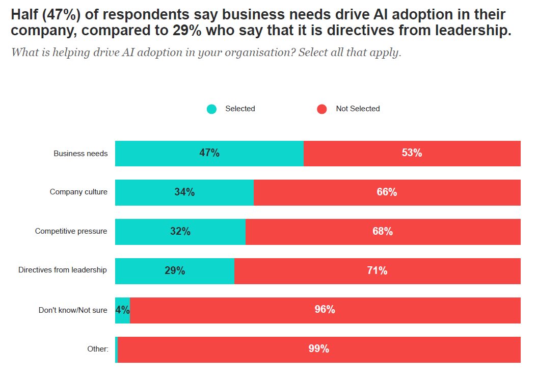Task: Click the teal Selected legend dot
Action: pyautogui.click(x=211, y=109)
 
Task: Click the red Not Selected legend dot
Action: pyautogui.click(x=322, y=109)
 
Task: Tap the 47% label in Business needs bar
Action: pyautogui.click(x=209, y=153)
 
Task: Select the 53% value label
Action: pyautogui.click(x=412, y=153)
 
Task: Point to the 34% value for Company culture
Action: pyautogui.click(x=184, y=192)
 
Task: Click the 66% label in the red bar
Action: pyautogui.click(x=387, y=192)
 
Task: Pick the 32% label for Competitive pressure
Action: pyautogui.click(x=180, y=231)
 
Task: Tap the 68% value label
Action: pyautogui.click(x=383, y=231)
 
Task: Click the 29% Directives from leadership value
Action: pyautogui.click(x=175, y=271)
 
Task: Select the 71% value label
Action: pyautogui.click(x=377, y=271)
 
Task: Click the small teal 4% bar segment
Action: pyautogui.click(x=123, y=310)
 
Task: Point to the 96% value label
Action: pyautogui.click(x=325, y=310)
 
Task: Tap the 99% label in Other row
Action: pyautogui.click(x=318, y=348)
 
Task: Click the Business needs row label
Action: pyautogui.click(x=80, y=154)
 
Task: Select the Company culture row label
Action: pyautogui.click(x=78, y=192)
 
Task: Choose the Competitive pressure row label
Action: pyautogui.click(x=71, y=231)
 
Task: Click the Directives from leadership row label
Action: pyautogui.click(x=62, y=270)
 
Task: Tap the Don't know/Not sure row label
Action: pyautogui.click(x=73, y=310)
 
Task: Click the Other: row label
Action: pyautogui.click(x=98, y=349)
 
